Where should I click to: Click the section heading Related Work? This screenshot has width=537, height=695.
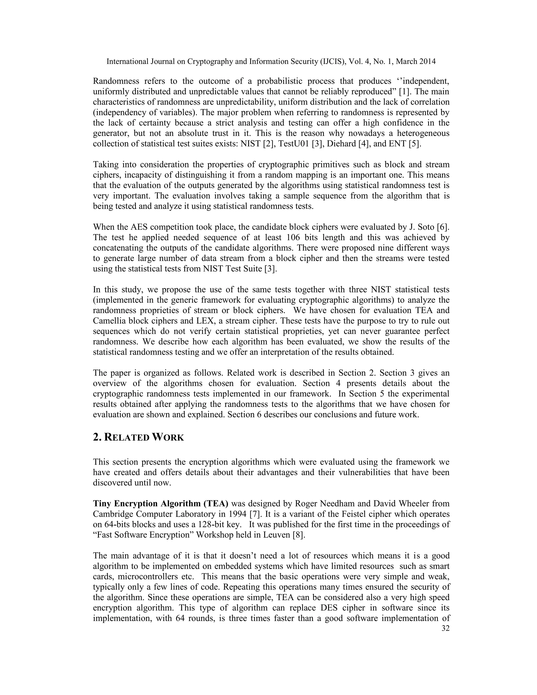138,437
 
